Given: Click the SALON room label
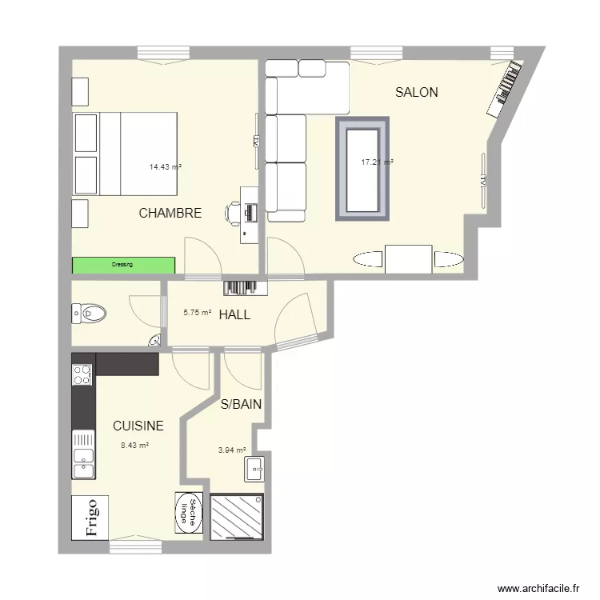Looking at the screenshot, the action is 416,92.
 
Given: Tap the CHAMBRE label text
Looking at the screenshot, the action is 170,213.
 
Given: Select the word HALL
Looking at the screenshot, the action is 234,315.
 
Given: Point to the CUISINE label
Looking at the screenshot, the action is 138,426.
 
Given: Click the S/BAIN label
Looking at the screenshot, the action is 241,404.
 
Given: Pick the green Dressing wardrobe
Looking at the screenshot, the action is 123,265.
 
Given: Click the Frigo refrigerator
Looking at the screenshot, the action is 90,518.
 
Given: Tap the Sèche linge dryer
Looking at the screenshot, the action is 189,512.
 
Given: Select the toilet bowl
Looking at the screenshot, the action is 89,314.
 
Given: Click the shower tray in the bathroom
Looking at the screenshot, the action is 237,517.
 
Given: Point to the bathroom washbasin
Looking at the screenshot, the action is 254,469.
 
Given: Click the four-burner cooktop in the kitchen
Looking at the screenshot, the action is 82,374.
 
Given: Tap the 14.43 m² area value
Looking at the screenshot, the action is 166,167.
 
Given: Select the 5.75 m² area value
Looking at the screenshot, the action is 198,313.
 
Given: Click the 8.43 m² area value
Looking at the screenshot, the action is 134,446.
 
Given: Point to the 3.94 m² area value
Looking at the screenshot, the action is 232,450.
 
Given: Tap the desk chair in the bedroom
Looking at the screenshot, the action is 232,212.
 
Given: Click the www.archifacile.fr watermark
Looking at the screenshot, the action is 538,588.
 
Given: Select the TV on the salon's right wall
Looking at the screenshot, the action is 483,181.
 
